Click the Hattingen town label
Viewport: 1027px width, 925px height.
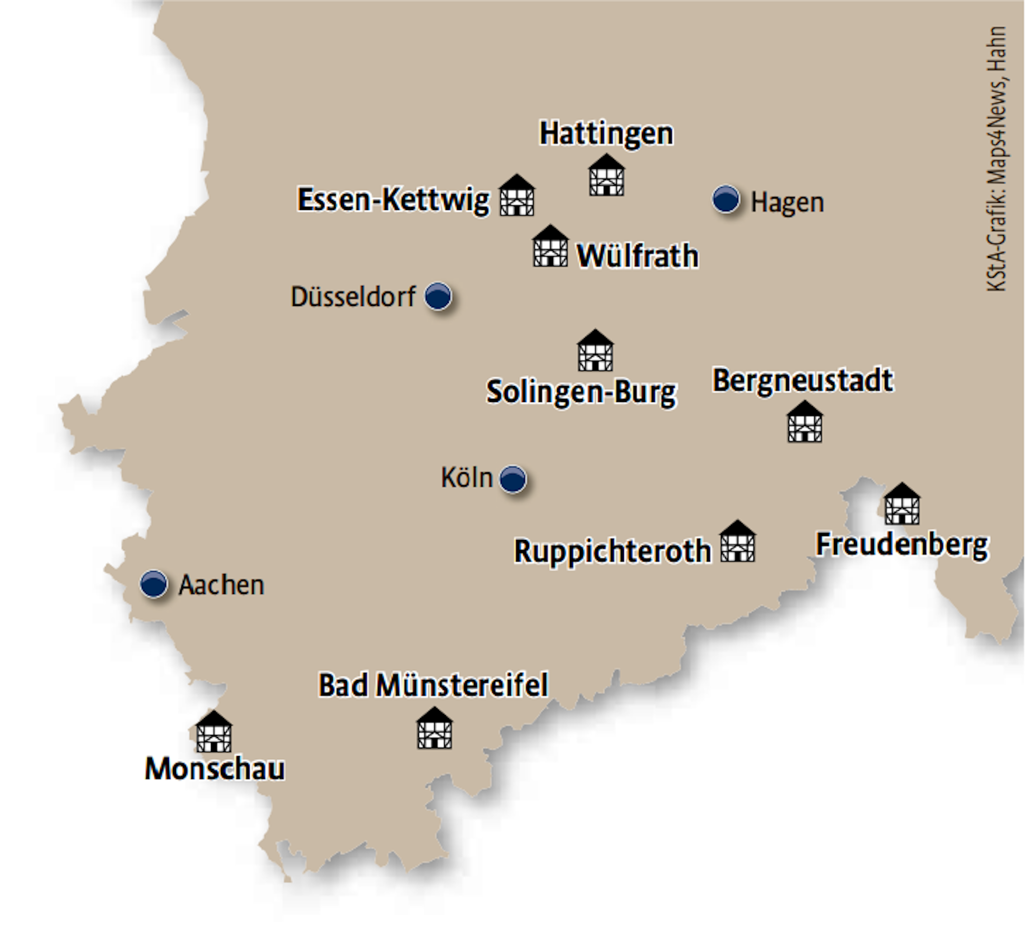click(606, 134)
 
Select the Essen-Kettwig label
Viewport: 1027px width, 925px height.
click(393, 200)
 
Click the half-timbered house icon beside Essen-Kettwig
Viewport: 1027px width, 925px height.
click(517, 196)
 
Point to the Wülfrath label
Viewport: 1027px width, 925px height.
click(637, 256)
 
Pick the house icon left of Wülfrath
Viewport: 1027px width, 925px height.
click(550, 246)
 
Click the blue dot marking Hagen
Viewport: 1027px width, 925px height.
click(726, 199)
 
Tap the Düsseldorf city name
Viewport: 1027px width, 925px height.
click(353, 297)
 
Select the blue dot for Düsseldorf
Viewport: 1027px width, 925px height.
click(438, 296)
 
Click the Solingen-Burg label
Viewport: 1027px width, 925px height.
click(581, 393)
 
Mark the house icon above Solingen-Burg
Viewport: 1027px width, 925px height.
click(595, 351)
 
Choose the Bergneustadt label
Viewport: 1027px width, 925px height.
click(803, 380)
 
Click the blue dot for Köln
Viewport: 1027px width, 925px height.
click(513, 479)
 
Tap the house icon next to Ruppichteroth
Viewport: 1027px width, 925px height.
click(737, 542)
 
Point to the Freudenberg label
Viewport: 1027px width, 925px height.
click(902, 545)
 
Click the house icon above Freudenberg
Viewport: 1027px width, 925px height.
click(902, 504)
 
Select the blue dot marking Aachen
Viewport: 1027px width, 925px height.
click(154, 584)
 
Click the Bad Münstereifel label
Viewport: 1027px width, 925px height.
click(433, 685)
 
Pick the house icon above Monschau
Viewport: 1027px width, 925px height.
click(214, 732)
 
